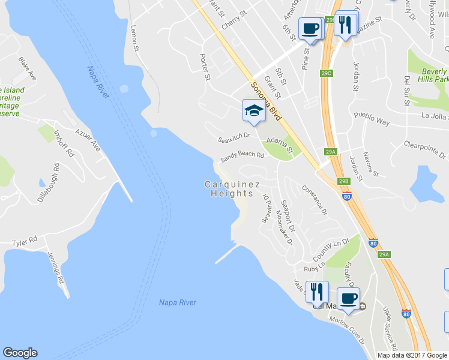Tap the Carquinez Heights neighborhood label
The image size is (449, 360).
[228, 189]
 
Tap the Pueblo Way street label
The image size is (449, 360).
[372, 118]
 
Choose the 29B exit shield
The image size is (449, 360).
[343, 181]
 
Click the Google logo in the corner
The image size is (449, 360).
[20, 353]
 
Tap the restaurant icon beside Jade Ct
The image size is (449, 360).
[317, 292]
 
